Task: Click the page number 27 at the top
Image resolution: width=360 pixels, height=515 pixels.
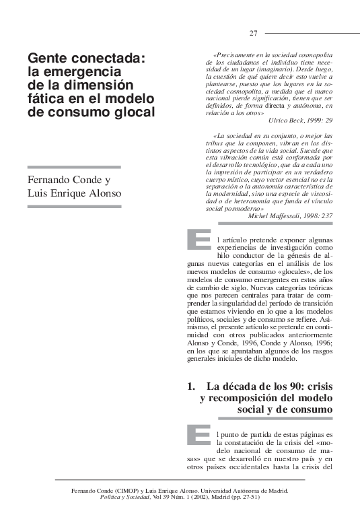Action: [x=254, y=34]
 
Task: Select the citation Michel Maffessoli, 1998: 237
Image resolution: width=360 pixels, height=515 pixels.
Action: [x=290, y=216]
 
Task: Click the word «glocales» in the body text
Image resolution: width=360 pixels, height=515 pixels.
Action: [x=294, y=272]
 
